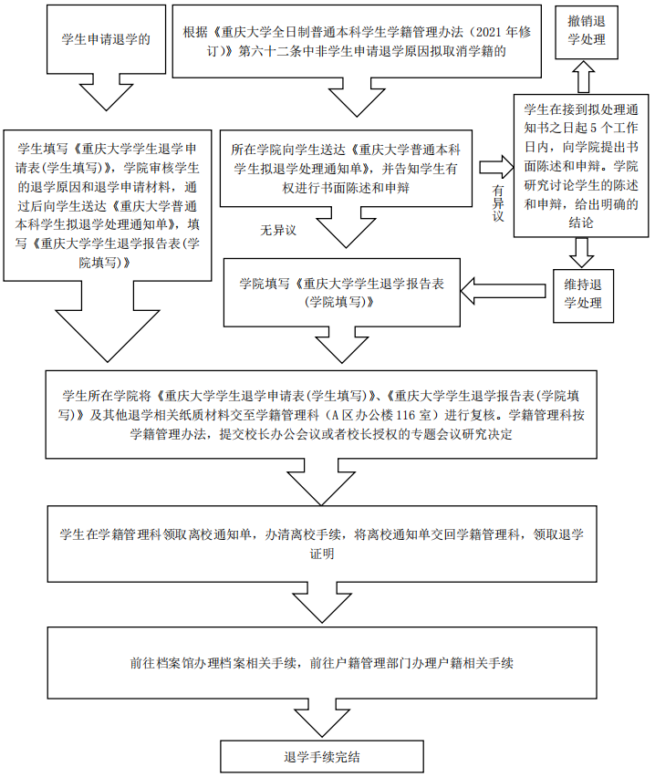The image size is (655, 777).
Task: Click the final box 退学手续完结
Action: pos(321,755)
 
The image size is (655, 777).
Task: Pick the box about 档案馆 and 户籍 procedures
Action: pos(321,663)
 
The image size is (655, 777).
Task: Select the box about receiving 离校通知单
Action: pos(321,544)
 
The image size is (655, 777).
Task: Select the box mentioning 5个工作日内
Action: pos(576,166)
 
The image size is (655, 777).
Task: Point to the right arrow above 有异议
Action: pos(496,166)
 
